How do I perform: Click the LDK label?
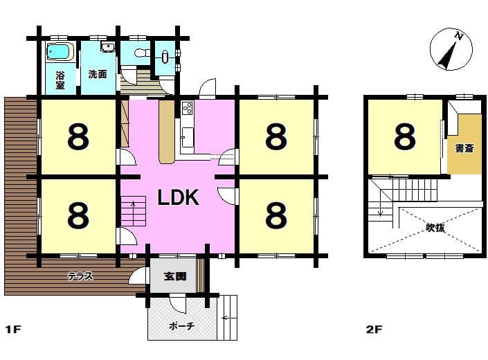pyautogui.click(x=179, y=197)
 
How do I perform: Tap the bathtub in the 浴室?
pyautogui.click(x=60, y=52)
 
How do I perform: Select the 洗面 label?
pyautogui.click(x=98, y=74)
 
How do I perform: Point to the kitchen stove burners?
pyautogui.click(x=188, y=109)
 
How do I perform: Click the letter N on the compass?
pyautogui.click(x=458, y=36)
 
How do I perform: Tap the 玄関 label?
pyautogui.click(x=175, y=276)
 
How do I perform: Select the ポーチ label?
pyautogui.click(x=182, y=326)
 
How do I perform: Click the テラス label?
pyautogui.click(x=80, y=276)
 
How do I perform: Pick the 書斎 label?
pyautogui.click(x=464, y=148)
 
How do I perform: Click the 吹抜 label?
pyautogui.click(x=435, y=228)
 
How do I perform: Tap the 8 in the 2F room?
pyautogui.click(x=405, y=136)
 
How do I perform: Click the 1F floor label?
pyautogui.click(x=13, y=329)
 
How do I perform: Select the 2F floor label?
pyautogui.click(x=374, y=330)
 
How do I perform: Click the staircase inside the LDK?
pyautogui.click(x=133, y=211)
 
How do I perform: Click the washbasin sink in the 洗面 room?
pyautogui.click(x=108, y=47)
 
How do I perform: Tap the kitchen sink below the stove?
pyautogui.click(x=188, y=138)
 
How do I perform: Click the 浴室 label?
pyautogui.click(x=60, y=80)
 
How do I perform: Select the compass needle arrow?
pyautogui.click(x=448, y=55)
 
